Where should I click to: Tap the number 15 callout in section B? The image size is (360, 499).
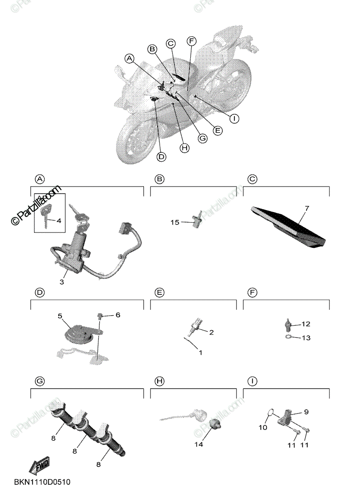click(x=175, y=222)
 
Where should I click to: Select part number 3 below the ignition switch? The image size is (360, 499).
click(x=62, y=282)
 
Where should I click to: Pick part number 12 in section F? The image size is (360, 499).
click(x=306, y=324)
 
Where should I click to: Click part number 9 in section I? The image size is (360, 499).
click(x=306, y=412)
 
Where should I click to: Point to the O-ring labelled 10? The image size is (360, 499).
click(x=271, y=413)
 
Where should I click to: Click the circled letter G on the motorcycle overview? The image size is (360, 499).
click(x=202, y=138)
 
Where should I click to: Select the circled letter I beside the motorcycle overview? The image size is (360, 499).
click(x=234, y=119)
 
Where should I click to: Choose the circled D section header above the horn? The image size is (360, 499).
click(x=39, y=293)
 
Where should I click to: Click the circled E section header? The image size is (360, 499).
click(x=159, y=293)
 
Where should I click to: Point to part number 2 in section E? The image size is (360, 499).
click(x=211, y=332)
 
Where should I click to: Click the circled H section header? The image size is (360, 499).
click(x=159, y=380)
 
